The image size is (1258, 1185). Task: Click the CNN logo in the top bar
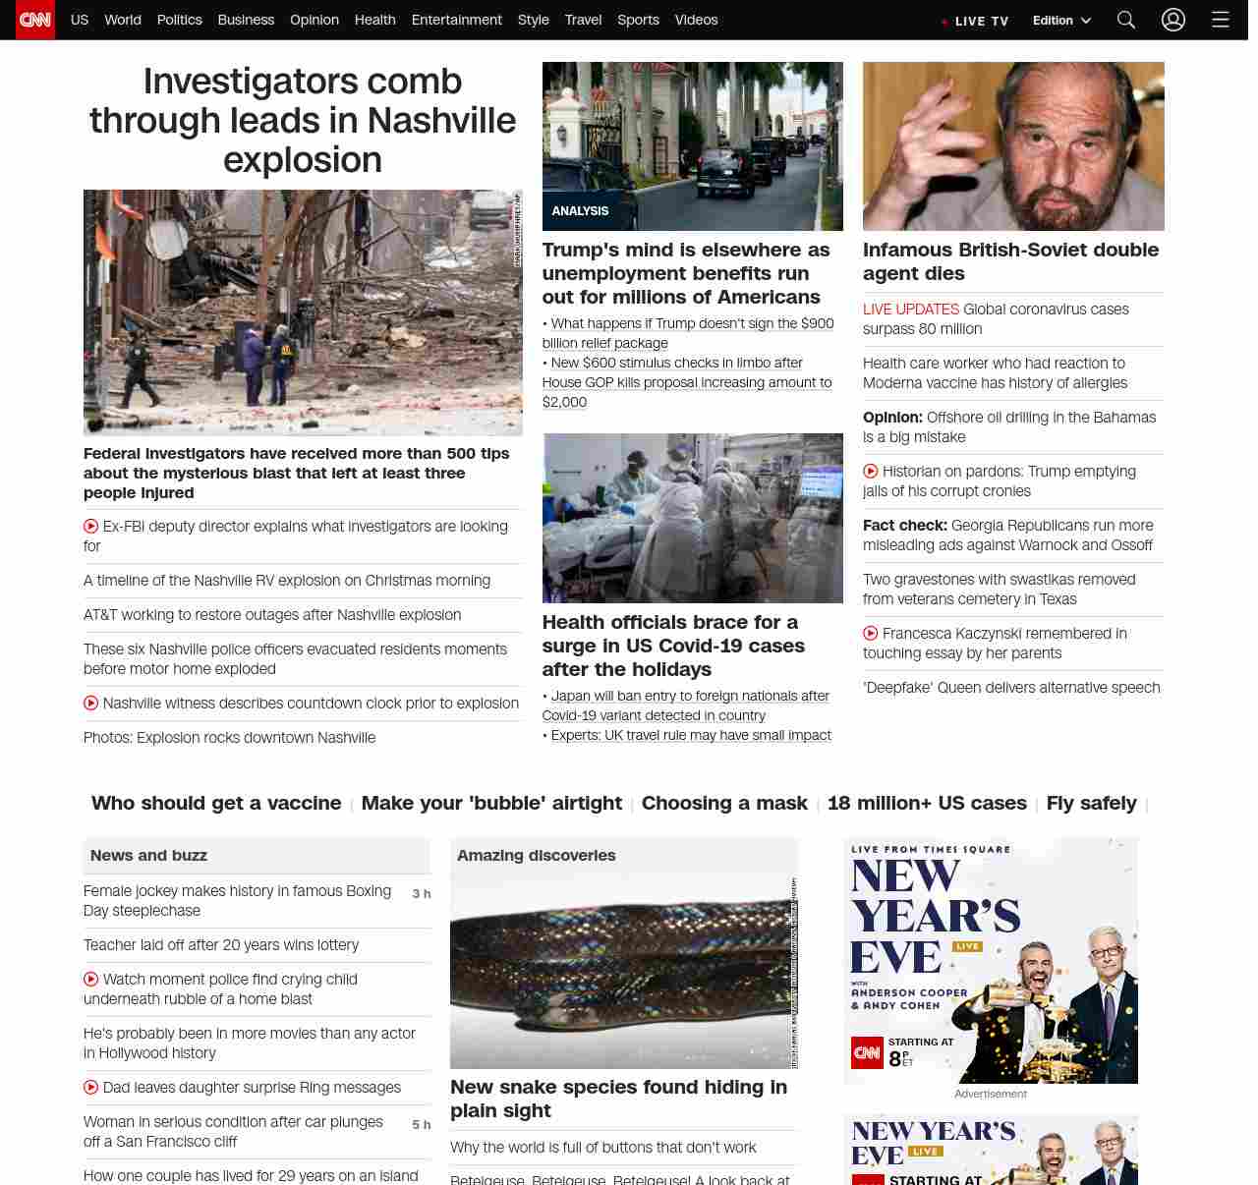pos(35,20)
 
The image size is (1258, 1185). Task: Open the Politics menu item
pos(179,20)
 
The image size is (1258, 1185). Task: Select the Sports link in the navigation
pos(638,20)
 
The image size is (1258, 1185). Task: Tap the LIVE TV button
pos(976,21)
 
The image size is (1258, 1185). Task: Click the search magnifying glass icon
pos(1126,20)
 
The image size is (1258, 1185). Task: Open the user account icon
pos(1173,20)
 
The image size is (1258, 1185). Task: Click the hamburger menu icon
pos(1221,20)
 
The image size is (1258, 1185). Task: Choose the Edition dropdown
pos(1061,21)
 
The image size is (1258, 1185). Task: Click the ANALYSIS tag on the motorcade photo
pos(580,211)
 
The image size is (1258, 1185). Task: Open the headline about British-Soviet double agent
pos(1010,261)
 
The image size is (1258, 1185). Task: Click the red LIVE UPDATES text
pos(910,310)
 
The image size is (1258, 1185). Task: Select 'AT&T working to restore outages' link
pos(272,615)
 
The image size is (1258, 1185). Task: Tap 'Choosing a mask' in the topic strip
pos(724,803)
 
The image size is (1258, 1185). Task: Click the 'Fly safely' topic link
pos(1091,803)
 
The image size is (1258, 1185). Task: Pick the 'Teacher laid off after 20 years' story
pos(221,945)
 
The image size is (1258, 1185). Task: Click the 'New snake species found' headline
pos(618,1099)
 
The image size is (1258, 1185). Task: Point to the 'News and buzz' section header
pos(148,856)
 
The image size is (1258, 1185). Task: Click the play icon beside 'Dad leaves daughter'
pos(91,1087)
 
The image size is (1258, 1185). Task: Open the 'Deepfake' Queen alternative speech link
pos(1011,688)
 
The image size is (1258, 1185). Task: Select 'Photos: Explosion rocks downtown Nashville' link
pos(229,738)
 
